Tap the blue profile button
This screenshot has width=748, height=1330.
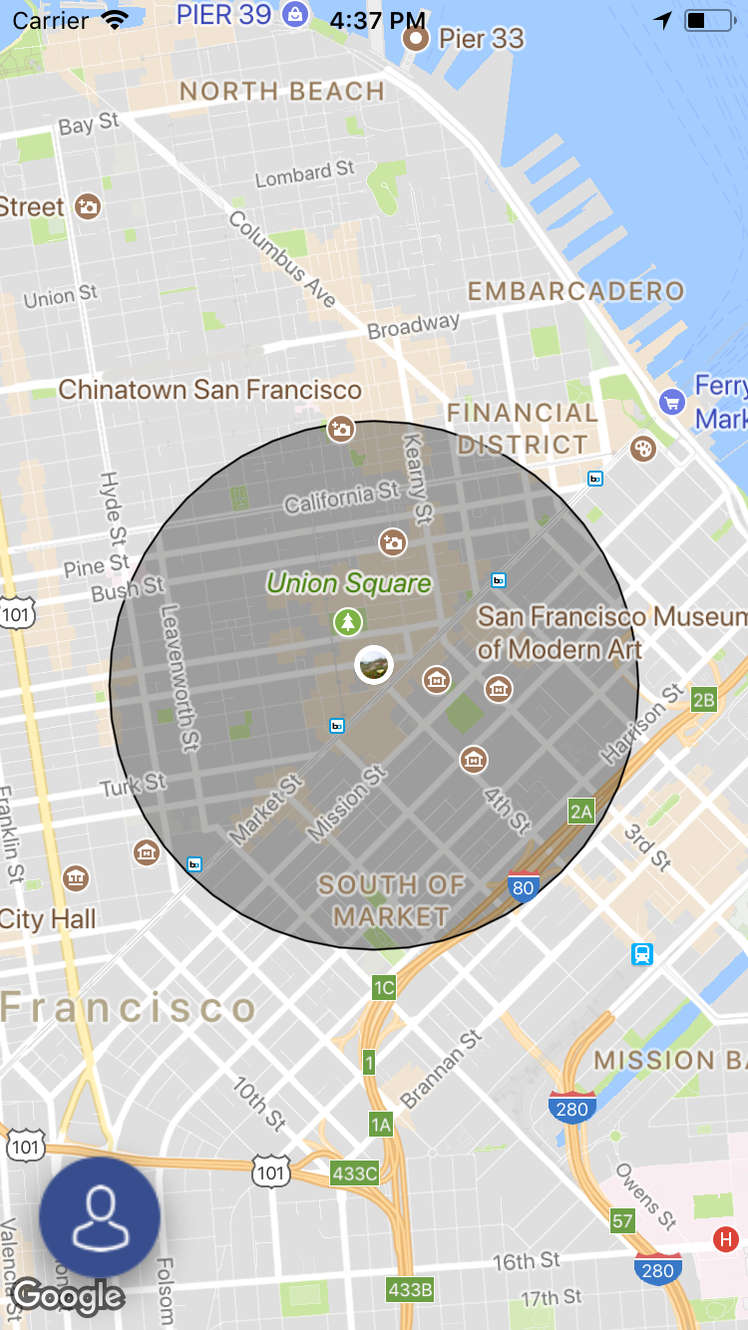(x=100, y=1216)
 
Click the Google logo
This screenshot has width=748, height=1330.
(x=68, y=1296)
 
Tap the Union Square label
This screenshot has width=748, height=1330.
(x=349, y=583)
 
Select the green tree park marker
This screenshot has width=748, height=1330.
(x=347, y=622)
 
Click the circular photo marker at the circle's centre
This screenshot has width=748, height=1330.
(x=374, y=664)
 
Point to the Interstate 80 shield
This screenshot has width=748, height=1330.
(x=524, y=885)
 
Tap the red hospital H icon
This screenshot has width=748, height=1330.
(x=726, y=1240)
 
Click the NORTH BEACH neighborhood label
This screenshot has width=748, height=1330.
(x=282, y=92)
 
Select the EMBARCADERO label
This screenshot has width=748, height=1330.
(x=576, y=291)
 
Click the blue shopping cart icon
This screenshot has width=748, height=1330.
(x=671, y=403)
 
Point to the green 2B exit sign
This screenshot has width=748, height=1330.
(x=704, y=700)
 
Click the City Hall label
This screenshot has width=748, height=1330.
(x=48, y=918)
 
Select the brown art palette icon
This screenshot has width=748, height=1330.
(x=644, y=449)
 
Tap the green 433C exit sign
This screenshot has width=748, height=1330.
(x=355, y=1173)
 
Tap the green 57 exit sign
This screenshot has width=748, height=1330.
(x=623, y=1220)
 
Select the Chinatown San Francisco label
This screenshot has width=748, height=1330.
(x=209, y=389)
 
